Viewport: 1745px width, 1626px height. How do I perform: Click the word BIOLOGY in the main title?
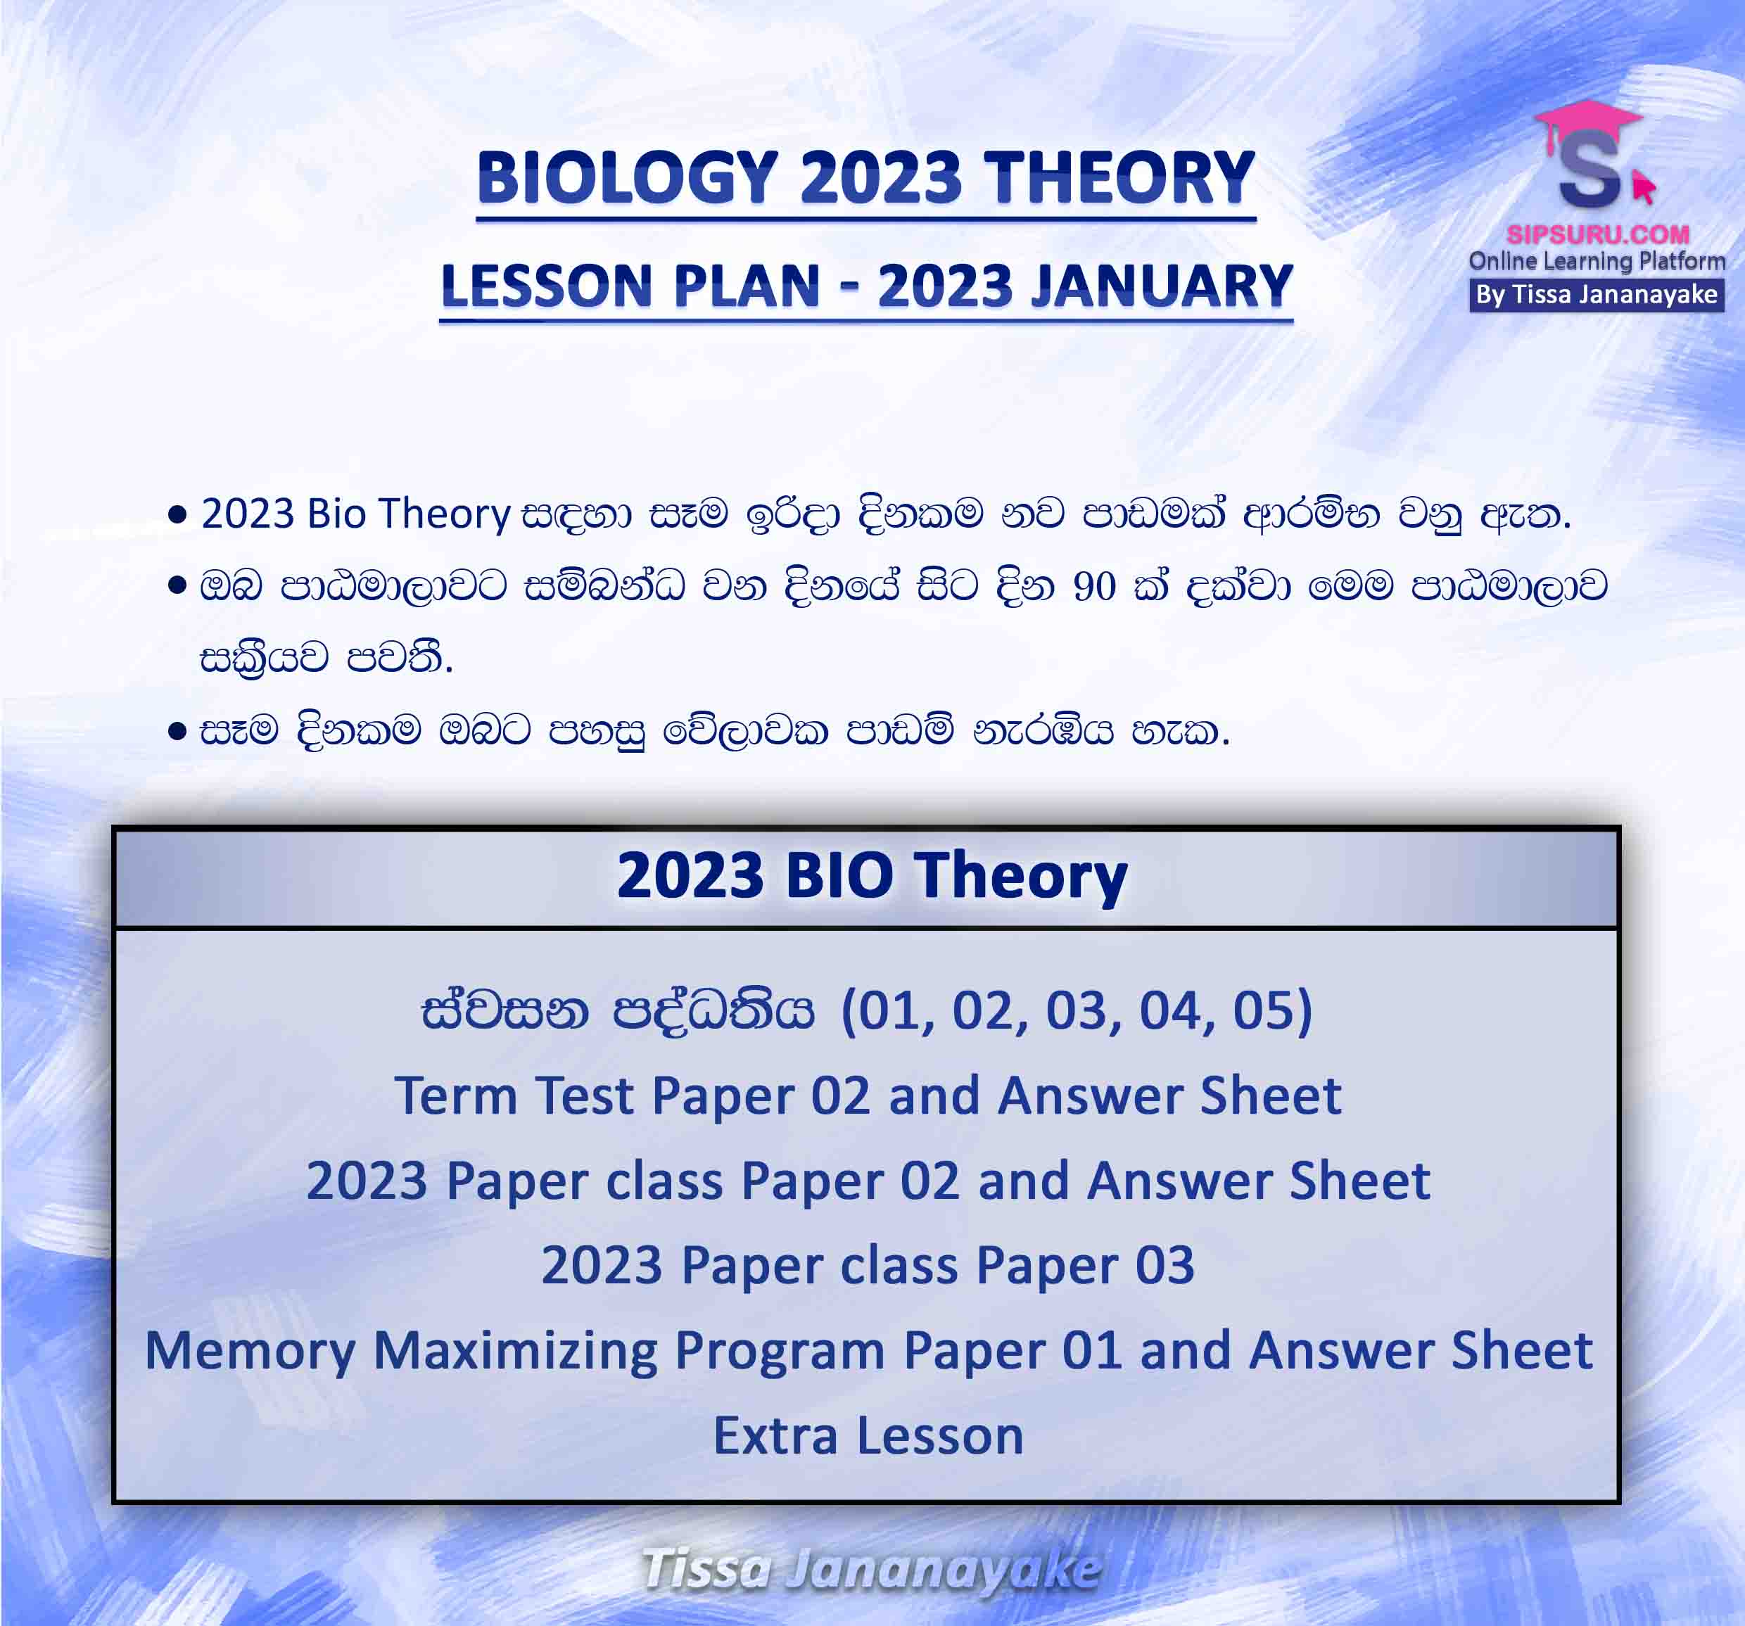[628, 177]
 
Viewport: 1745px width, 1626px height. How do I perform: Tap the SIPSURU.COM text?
[1597, 234]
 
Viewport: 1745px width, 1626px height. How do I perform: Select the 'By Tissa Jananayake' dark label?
[1597, 295]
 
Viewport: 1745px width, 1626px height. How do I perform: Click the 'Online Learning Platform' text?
[1597, 260]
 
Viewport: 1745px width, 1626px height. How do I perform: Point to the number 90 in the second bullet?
[1093, 586]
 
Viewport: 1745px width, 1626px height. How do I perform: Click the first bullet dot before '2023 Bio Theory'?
[177, 514]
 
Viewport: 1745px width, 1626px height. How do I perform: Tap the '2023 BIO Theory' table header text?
[872, 876]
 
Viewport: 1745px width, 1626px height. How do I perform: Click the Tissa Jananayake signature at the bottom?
[871, 1568]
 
